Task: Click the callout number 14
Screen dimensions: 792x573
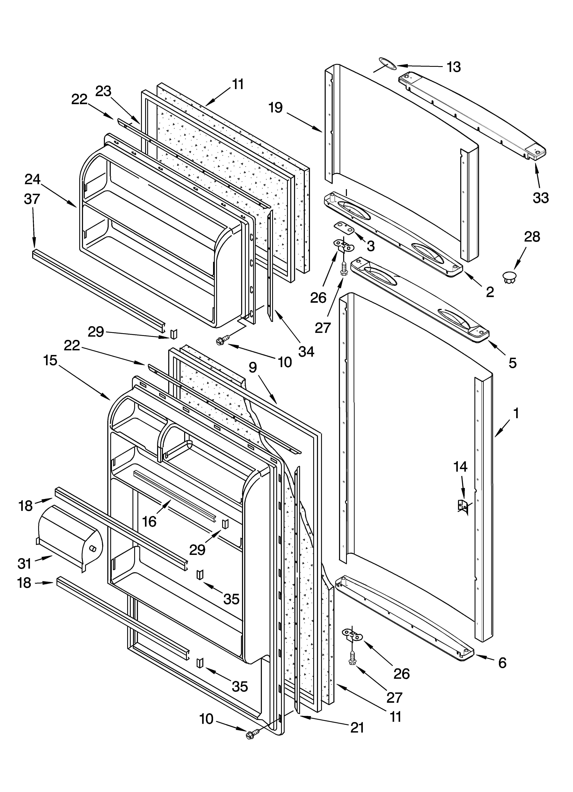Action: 460,466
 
